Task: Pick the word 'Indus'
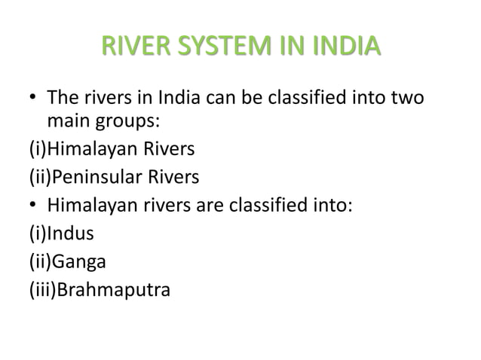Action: [71, 233]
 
